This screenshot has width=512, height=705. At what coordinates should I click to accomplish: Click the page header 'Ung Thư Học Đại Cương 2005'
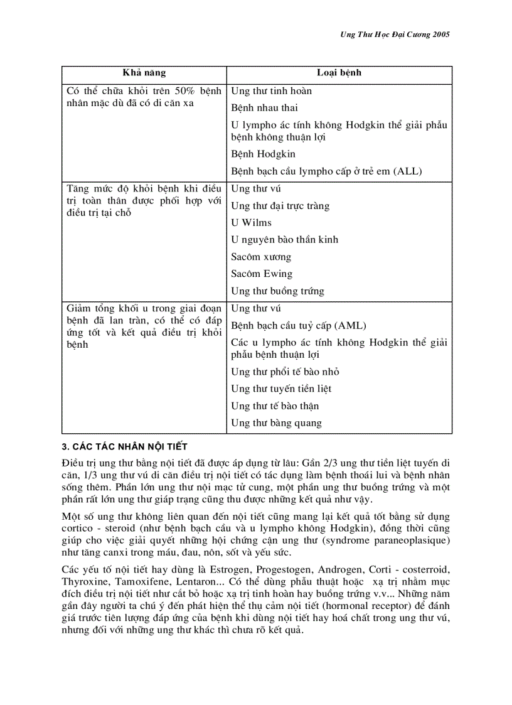click(x=390, y=35)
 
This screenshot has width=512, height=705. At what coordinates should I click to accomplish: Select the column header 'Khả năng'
click(x=144, y=73)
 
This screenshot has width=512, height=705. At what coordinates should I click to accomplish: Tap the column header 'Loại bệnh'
click(x=339, y=73)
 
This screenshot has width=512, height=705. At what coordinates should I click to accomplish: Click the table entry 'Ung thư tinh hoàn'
click(x=271, y=91)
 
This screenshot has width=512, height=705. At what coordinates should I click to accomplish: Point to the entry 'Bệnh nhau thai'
click(x=264, y=108)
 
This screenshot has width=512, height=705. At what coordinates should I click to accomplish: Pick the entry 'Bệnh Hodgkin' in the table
click(x=263, y=154)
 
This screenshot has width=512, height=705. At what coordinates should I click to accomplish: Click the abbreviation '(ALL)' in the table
click(x=407, y=171)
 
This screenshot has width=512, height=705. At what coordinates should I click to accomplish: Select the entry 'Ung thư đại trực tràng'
click(x=280, y=206)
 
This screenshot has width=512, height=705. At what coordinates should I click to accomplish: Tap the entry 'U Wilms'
click(x=251, y=223)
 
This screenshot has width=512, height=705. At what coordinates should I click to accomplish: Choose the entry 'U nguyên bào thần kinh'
click(x=284, y=240)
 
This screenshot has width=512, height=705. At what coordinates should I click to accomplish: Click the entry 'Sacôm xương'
click(x=261, y=257)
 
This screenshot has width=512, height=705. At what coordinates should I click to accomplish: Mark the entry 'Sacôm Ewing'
click(x=262, y=274)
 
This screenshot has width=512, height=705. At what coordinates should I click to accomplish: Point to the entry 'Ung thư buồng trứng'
click(x=277, y=291)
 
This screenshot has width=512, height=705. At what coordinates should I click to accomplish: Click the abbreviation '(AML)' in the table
click(x=350, y=326)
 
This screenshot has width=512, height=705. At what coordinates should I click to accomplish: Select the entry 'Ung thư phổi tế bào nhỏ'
click(x=285, y=372)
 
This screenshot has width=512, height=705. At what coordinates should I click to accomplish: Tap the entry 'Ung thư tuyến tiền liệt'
click(x=281, y=389)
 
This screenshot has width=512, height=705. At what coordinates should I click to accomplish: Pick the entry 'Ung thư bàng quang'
click(x=276, y=423)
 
